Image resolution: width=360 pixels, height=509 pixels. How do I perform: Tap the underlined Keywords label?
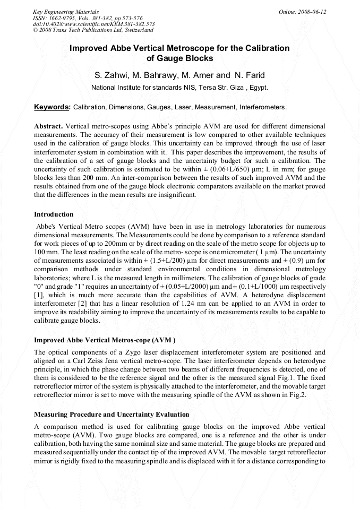52,107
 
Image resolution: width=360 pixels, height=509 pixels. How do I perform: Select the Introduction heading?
54,214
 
